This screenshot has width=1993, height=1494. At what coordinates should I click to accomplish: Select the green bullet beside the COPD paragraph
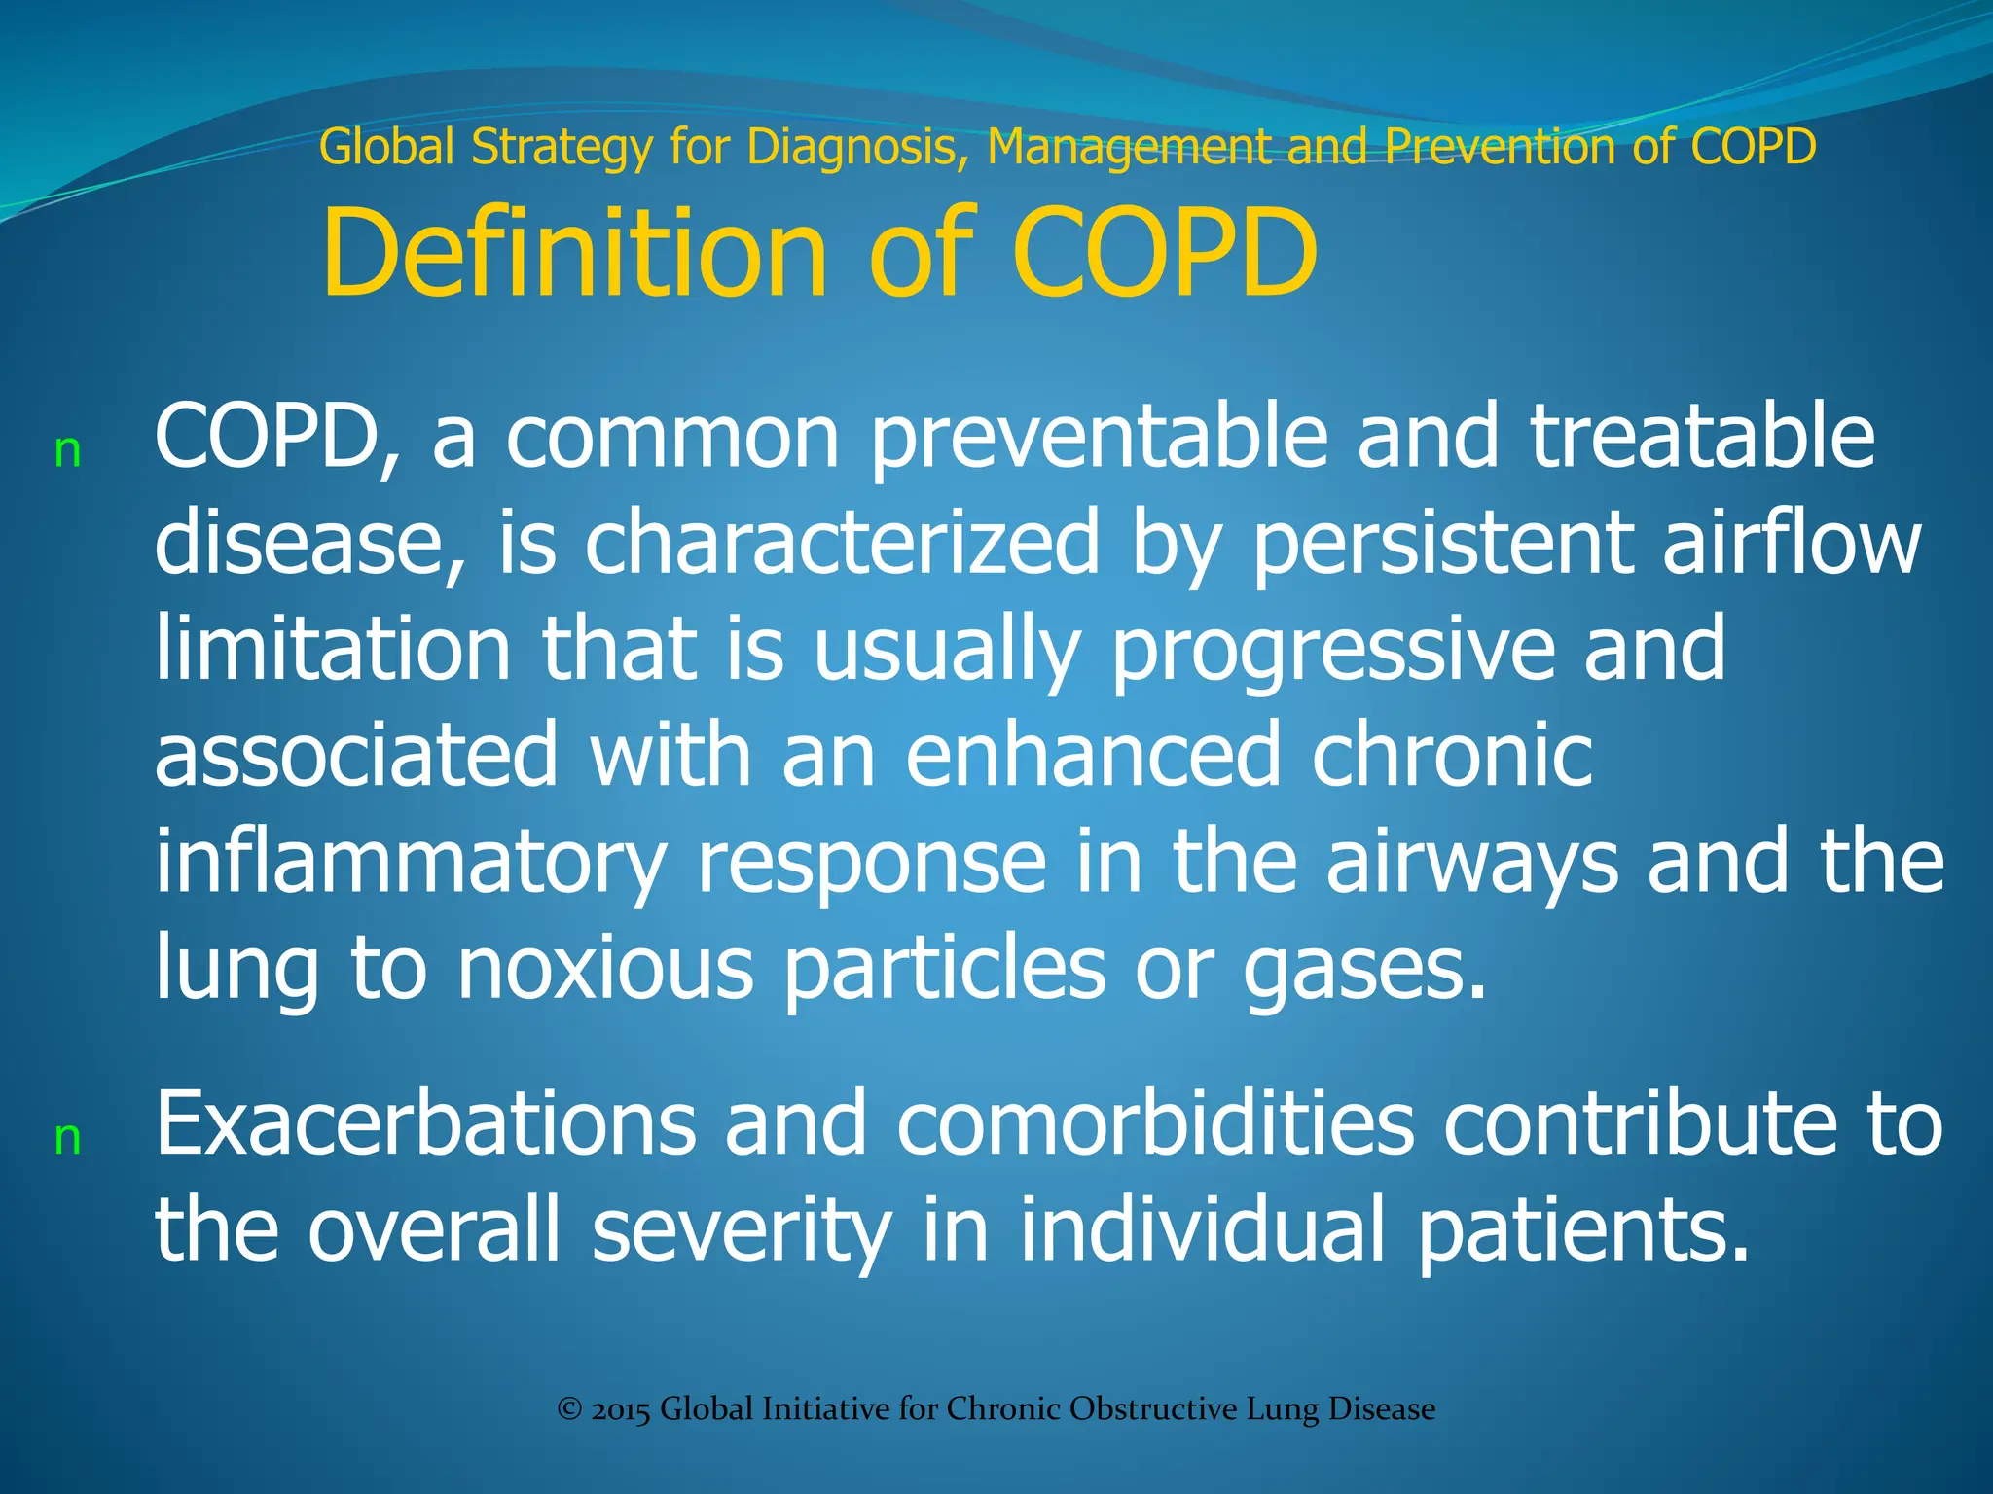[67, 451]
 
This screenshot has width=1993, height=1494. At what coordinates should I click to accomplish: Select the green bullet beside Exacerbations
[67, 1137]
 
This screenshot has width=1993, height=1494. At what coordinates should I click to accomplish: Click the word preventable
[1099, 438]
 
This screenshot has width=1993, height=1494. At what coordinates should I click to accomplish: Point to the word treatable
[1702, 438]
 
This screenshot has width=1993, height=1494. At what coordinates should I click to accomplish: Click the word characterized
[842, 543]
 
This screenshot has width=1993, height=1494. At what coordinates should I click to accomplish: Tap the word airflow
[1792, 543]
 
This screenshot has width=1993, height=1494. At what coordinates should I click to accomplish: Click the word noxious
[605, 969]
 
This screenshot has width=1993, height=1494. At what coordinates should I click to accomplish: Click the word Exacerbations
[425, 1124]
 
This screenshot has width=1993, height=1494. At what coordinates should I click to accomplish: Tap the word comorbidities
[1155, 1124]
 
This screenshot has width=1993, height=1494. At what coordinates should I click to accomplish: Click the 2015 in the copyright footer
[619, 1409]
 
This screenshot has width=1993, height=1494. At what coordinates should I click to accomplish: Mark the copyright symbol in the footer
[569, 1409]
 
